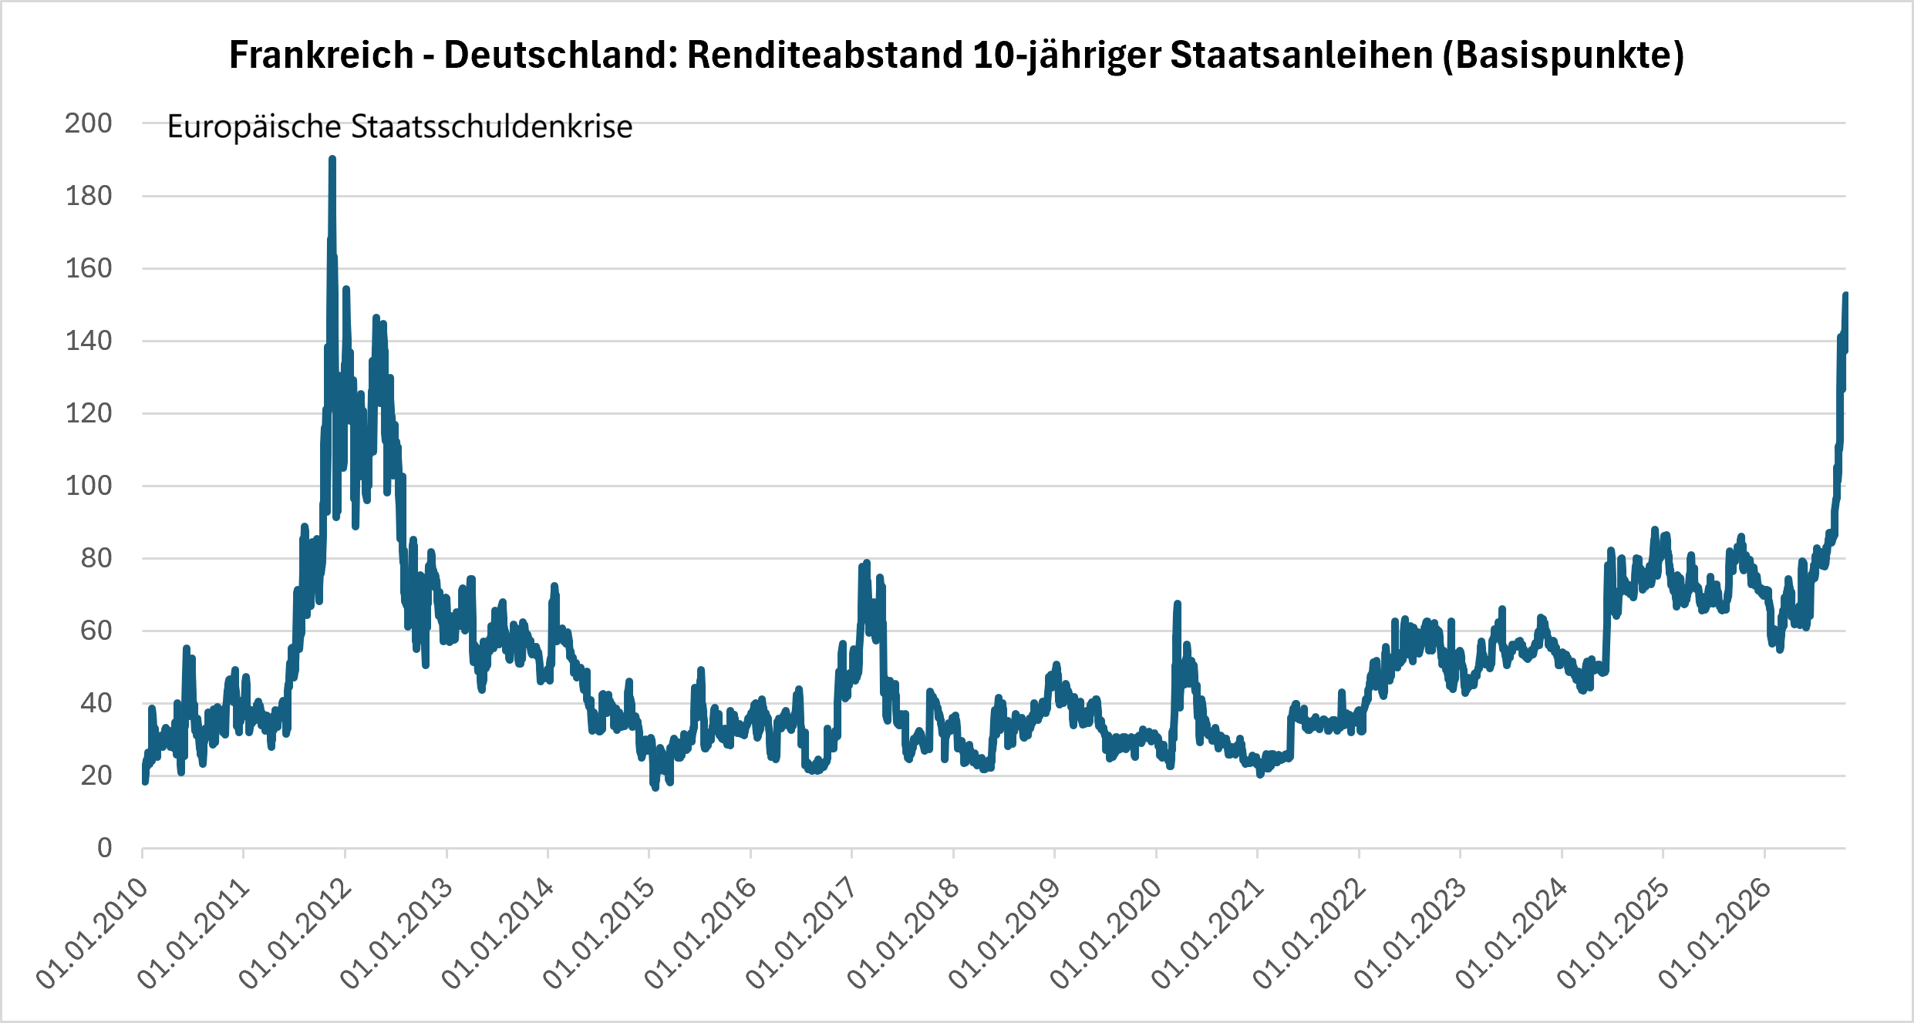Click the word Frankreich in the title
tap(322, 56)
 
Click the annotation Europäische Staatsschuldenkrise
tap(399, 126)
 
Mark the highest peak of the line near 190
tap(332, 159)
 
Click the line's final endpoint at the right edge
tap(1845, 294)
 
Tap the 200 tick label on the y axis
tap(89, 123)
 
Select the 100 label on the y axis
tap(89, 486)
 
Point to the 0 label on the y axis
tap(105, 848)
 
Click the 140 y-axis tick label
tap(89, 341)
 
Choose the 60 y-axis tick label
tap(96, 631)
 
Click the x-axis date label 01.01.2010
tap(93, 933)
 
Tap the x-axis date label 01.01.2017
tap(802, 933)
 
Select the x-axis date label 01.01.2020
tap(1107, 933)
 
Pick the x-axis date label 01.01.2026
tap(1715, 933)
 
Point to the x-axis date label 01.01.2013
tap(396, 933)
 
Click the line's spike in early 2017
tap(866, 563)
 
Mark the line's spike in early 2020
tap(1178, 604)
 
